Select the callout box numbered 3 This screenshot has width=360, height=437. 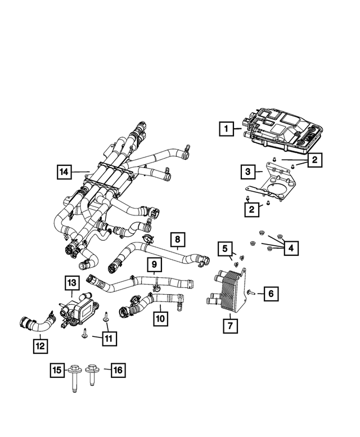tap(247, 170)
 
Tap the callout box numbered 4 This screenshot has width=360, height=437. tap(291, 247)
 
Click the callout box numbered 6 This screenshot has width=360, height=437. tap(270, 293)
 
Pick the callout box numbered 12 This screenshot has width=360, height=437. tap(40, 345)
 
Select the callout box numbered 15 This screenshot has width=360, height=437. tap(57, 370)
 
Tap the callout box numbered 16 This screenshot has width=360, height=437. tap(118, 370)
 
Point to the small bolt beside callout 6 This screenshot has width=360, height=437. tap(251, 292)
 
